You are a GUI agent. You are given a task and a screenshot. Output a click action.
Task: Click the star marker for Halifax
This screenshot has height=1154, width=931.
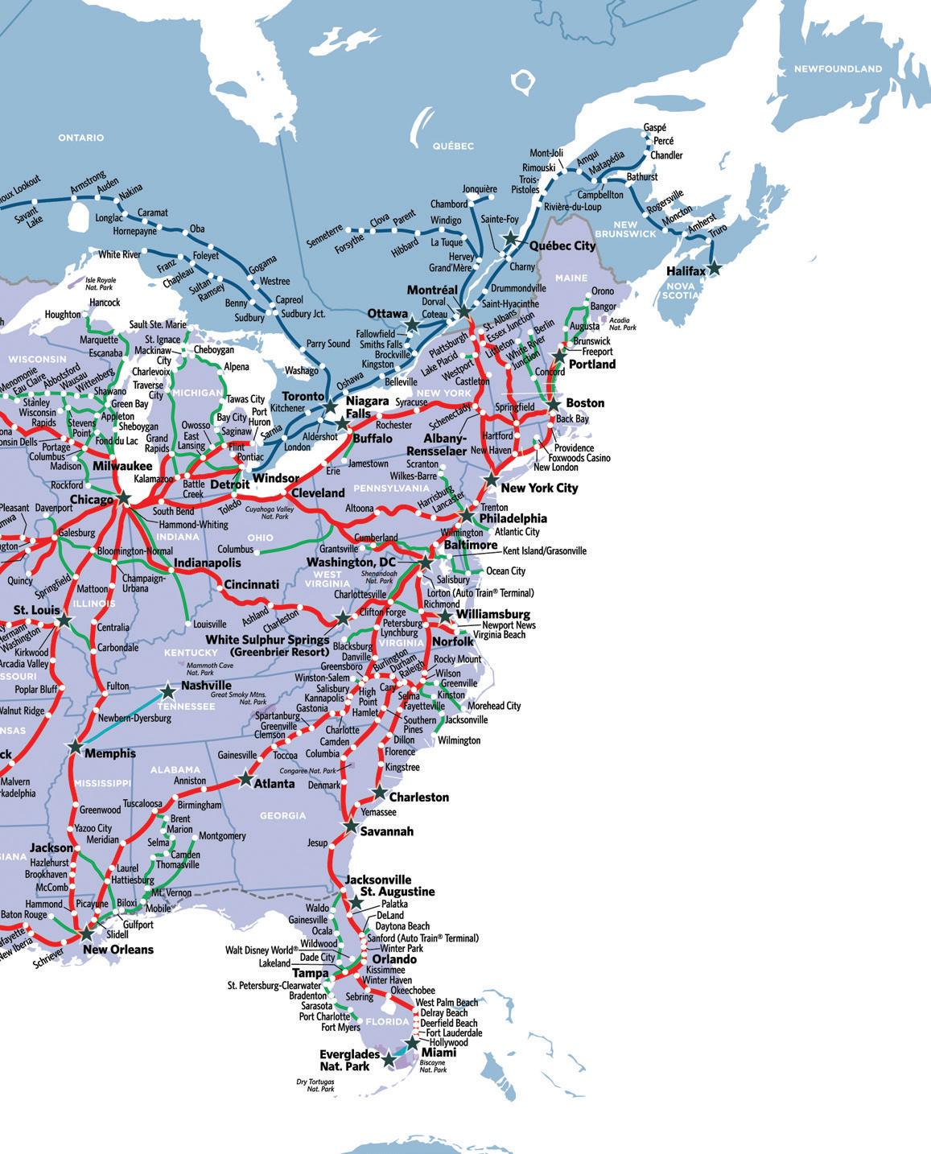(714, 269)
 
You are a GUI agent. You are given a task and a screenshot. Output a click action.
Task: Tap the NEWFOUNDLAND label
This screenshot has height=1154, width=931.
(838, 69)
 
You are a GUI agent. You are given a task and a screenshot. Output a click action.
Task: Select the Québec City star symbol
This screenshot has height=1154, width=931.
(510, 238)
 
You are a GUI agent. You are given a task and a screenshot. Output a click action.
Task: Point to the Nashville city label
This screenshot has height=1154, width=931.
(206, 686)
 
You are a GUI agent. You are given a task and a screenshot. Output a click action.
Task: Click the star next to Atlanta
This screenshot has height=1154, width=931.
(245, 779)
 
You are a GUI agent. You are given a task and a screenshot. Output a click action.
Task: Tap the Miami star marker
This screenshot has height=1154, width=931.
(412, 1044)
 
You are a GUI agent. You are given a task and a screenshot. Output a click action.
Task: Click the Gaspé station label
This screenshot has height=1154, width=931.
(655, 128)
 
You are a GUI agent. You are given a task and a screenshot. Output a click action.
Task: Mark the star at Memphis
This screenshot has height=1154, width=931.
(75, 747)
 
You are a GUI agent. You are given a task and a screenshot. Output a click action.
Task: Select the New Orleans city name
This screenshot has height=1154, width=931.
(118, 950)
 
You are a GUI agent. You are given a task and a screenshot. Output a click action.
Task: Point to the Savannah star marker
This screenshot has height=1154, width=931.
(351, 826)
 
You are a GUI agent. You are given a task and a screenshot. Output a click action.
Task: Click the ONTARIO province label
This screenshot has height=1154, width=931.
(81, 138)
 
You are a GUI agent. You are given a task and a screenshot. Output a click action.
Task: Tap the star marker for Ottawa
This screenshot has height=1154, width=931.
(412, 324)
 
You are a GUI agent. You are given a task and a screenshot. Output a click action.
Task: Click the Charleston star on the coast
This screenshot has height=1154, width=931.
(378, 793)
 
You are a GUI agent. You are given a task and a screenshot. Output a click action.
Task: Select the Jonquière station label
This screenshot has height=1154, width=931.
(480, 190)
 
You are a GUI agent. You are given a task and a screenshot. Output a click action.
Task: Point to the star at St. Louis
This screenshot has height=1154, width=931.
(65, 620)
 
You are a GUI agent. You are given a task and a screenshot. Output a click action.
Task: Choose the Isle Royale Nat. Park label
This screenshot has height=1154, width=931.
(101, 283)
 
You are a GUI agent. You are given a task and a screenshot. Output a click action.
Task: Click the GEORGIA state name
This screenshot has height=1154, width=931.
(282, 815)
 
